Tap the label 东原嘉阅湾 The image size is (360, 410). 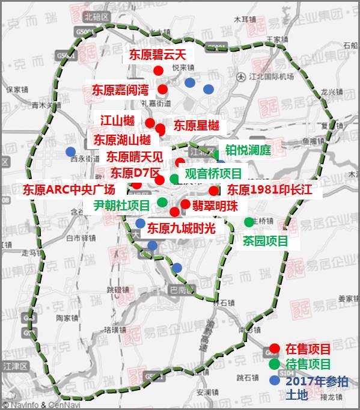point(120,90)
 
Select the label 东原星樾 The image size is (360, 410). point(197,126)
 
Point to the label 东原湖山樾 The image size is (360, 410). point(122,140)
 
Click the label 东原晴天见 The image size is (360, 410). point(135,157)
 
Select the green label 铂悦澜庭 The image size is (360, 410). point(248,150)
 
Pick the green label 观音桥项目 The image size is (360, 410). point(213,174)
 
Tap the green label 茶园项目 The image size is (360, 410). point(265,241)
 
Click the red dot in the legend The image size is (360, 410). point(274,347)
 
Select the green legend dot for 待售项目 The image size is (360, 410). point(274,364)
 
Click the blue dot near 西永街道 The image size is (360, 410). point(71,151)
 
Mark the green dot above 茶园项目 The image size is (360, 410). point(249,222)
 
